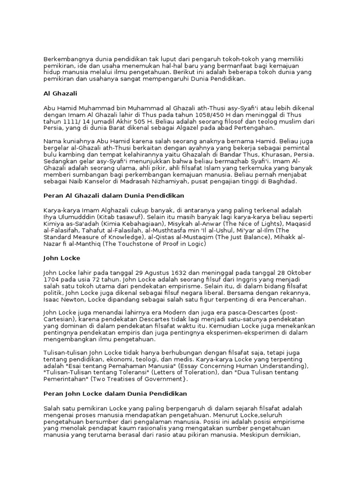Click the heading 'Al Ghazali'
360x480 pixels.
pyautogui.click(x=60, y=94)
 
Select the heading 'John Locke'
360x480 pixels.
pyautogui.click(x=62, y=258)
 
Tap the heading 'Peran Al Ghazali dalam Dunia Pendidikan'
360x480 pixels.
pyautogui.click(x=114, y=195)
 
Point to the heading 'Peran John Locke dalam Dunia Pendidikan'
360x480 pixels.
pyautogui.click(x=115, y=393)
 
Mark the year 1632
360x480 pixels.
pyautogui.click(x=176, y=273)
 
